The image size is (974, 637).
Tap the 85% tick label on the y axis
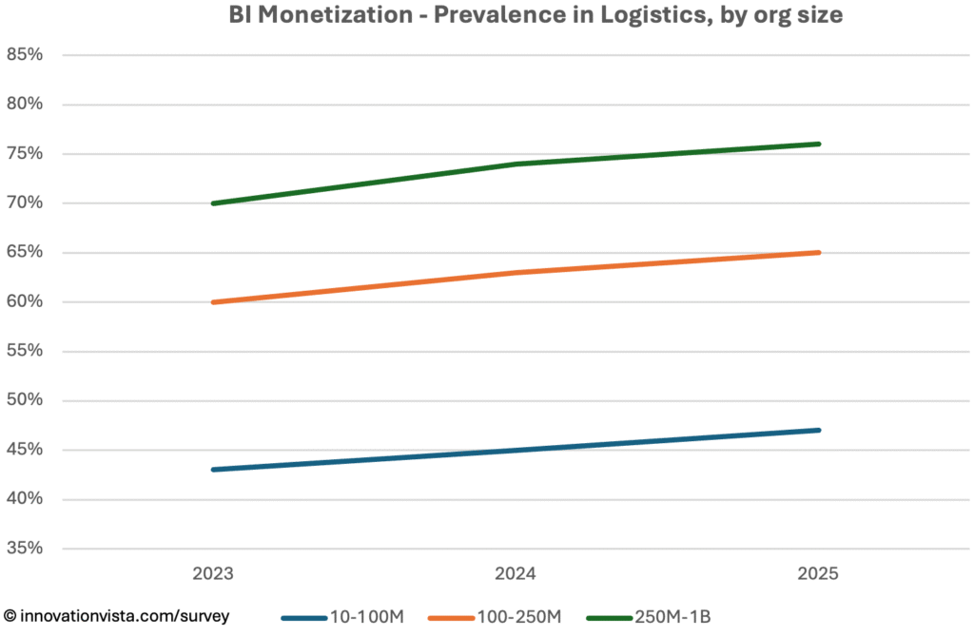(25, 55)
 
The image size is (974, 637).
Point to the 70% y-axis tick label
(25, 203)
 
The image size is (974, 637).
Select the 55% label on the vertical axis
(25, 351)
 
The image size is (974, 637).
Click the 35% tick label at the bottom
(25, 549)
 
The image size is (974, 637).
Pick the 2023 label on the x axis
(213, 574)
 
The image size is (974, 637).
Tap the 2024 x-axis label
(516, 574)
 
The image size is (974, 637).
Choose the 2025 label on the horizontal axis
(818, 574)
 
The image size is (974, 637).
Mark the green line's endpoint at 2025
(818, 145)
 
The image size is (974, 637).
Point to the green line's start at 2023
(214, 203)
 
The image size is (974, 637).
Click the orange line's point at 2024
(516, 273)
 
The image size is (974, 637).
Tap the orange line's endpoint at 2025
(818, 253)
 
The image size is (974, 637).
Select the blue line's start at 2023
(214, 470)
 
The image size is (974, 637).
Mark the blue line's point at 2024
(516, 450)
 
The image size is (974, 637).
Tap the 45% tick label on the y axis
(25, 450)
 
